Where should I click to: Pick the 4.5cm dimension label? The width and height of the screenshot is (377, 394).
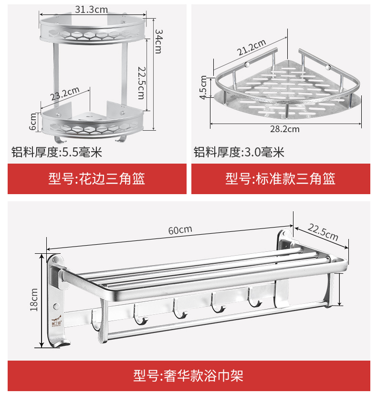pos(205,87)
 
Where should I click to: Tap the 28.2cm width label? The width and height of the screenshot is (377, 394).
pos(285,129)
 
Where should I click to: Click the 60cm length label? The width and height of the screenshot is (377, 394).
pos(180,229)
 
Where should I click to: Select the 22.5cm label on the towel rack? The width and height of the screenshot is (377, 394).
pos(323,231)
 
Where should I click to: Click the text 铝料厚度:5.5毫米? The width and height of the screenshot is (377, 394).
pos(57,153)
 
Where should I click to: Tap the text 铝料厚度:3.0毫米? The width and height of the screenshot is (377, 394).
pos(239,153)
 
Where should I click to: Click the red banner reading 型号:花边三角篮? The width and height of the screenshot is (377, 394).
pos(97,179)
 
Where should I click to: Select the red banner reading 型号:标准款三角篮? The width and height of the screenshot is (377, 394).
pos(281,179)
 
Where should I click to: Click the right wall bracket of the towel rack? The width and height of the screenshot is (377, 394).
pos(285,267)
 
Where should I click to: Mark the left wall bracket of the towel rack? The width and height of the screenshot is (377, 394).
pos(55,301)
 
